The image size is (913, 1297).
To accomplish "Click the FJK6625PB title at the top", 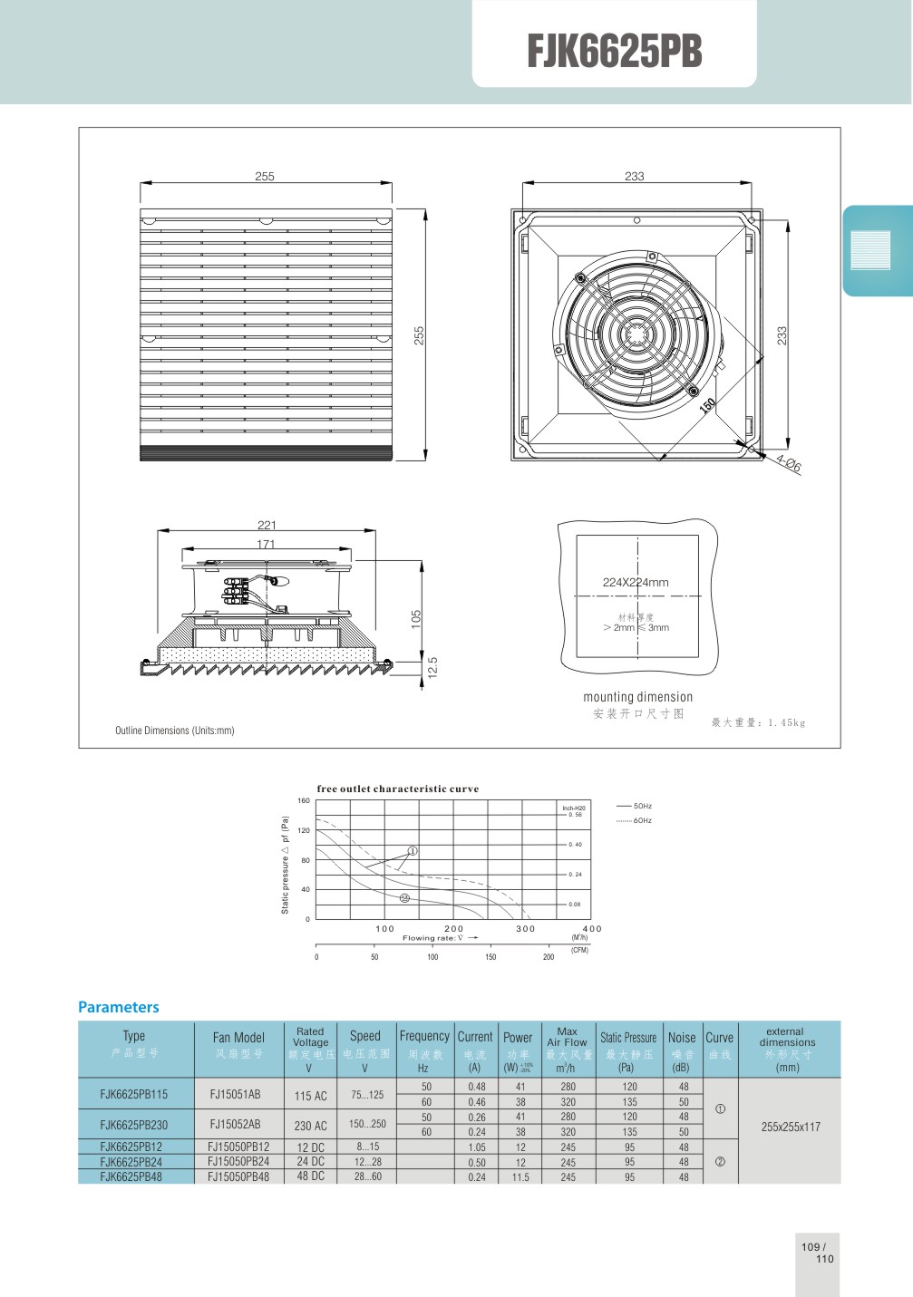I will coord(614,51).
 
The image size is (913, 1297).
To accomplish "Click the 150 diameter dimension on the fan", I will coord(708,405).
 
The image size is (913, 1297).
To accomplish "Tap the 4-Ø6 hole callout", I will coord(788,464).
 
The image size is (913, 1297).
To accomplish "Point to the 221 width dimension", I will coord(267,525).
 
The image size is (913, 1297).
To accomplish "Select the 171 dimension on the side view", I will coord(266,544).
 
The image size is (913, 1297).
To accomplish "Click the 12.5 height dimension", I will coord(433,667).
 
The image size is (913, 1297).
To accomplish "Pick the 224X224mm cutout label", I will coord(636,583).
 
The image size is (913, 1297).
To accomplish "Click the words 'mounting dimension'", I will coord(637,697).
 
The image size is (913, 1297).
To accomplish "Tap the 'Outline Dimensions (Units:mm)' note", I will coord(174,731).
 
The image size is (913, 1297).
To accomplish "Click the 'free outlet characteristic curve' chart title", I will coord(397,789).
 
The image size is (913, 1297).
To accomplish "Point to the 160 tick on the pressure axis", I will coord(304,800).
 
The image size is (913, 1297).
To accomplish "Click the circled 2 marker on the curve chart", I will coord(404,898).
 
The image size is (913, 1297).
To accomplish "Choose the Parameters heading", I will coord(118,1007).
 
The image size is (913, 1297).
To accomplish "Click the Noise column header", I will coord(682,1038).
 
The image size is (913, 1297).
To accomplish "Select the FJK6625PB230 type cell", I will coord(134,1125).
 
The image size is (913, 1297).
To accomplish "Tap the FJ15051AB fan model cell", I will coord(235,1094).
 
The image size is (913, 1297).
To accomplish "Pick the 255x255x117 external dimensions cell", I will coord(791,1127).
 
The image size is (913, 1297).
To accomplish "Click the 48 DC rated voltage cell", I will coord(310,1176).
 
